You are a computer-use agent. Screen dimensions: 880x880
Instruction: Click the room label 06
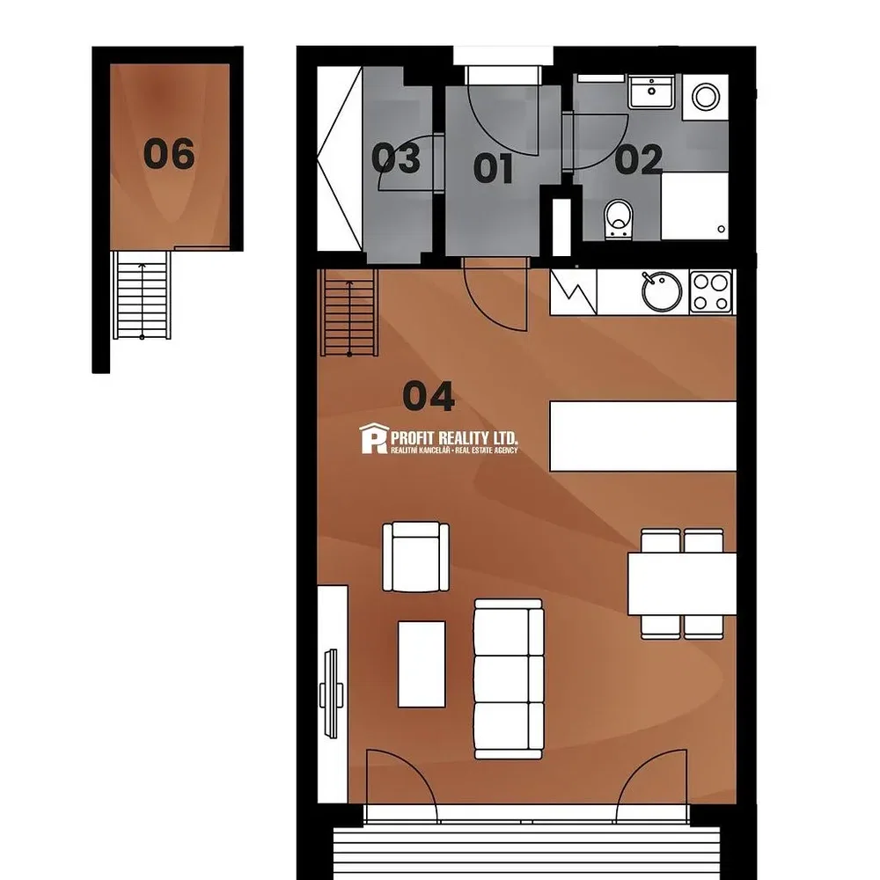click(169, 154)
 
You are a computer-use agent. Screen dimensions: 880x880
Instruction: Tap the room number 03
click(396, 158)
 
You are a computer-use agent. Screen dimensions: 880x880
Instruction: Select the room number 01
click(494, 168)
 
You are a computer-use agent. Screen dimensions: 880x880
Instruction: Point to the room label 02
click(639, 159)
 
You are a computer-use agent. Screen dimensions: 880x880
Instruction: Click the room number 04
click(429, 396)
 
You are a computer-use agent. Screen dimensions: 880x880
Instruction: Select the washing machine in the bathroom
click(706, 97)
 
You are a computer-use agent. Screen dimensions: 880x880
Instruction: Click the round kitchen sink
click(662, 292)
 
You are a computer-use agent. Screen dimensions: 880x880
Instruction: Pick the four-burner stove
click(711, 292)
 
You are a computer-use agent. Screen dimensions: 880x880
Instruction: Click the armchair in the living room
click(416, 557)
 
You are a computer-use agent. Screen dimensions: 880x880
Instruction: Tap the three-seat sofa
click(509, 679)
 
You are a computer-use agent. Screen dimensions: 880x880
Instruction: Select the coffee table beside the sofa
click(422, 664)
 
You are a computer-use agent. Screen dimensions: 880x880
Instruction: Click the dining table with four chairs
click(682, 583)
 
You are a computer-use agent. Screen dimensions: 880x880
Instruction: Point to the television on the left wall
click(331, 693)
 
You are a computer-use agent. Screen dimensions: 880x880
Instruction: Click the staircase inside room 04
click(349, 312)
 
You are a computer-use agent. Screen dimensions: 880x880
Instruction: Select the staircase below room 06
click(142, 295)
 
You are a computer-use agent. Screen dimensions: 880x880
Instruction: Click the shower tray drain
click(722, 229)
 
